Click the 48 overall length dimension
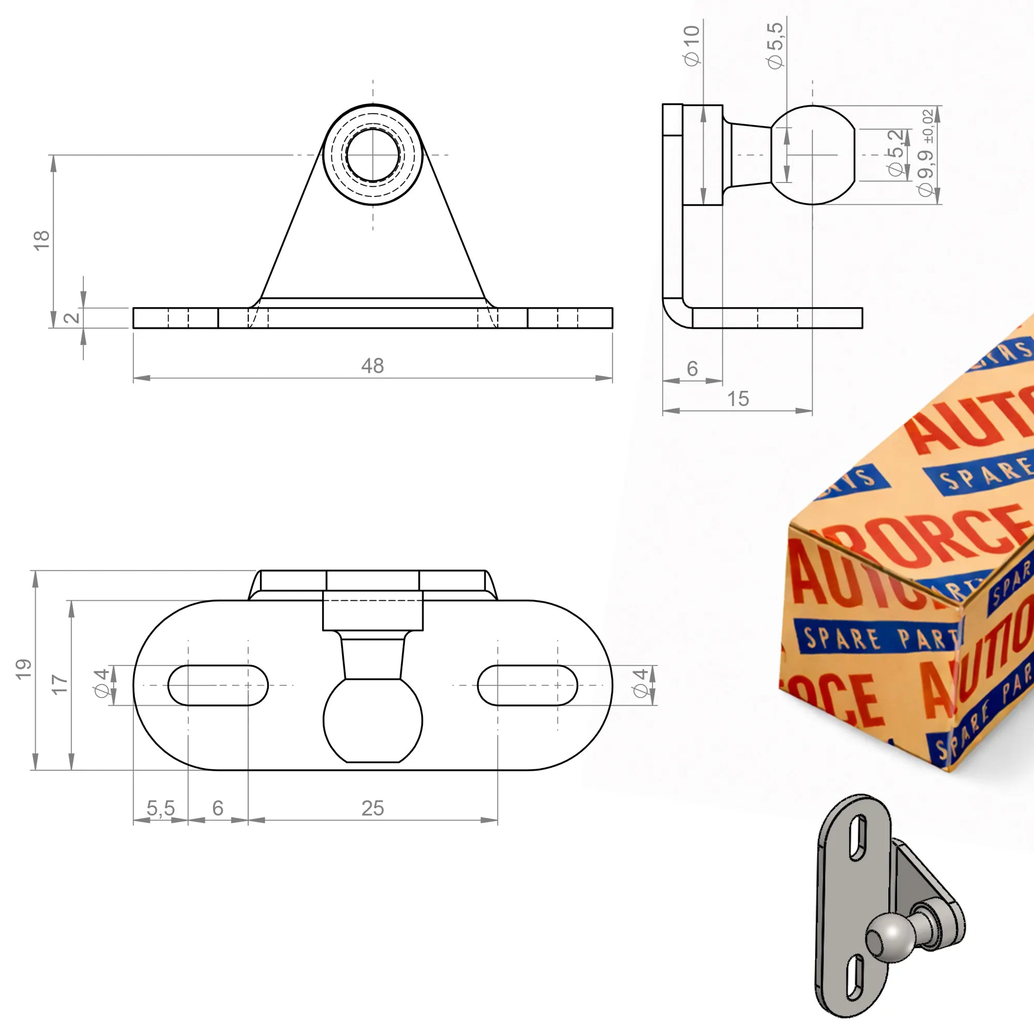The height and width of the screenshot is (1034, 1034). coord(372,366)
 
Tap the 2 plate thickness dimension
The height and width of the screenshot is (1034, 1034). coord(71,317)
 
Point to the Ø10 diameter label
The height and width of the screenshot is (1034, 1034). coord(691,45)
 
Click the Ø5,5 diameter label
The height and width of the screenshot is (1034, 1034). coord(775,45)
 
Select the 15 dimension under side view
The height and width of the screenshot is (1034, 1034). coord(738,399)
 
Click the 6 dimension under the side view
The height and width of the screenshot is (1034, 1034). coord(692,368)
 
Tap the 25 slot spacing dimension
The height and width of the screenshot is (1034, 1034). coord(372,808)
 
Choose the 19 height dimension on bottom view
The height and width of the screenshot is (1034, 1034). coord(24,670)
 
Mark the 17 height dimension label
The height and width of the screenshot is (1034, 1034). coord(59,684)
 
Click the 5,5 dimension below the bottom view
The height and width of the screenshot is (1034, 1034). coord(161,808)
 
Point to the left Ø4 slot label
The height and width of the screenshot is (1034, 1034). coord(102,683)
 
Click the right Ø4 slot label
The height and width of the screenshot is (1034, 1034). coord(641,683)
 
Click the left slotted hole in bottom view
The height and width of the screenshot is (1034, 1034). coord(218,685)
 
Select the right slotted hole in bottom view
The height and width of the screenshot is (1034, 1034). coord(527,685)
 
